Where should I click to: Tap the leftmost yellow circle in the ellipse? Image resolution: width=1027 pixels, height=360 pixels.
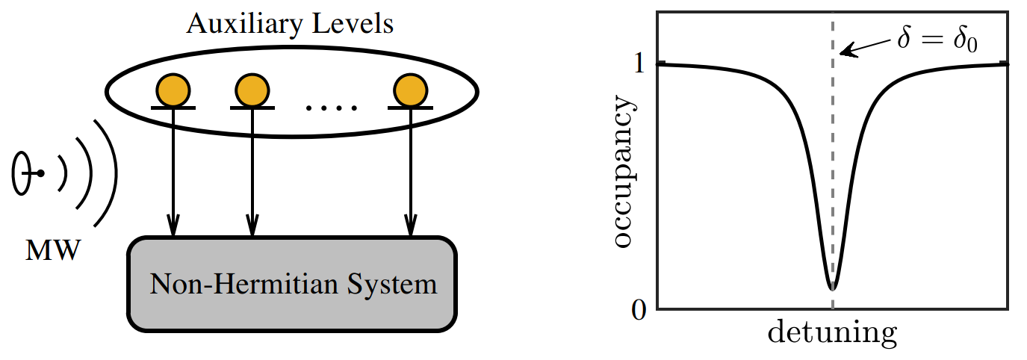click(x=173, y=90)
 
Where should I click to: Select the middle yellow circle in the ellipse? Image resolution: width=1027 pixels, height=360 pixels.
click(x=252, y=90)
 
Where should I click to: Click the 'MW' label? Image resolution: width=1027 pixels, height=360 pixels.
click(x=53, y=252)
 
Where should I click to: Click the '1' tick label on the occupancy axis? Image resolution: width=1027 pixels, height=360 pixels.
click(x=638, y=64)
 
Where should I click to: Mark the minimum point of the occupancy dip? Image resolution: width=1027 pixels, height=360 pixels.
click(x=832, y=288)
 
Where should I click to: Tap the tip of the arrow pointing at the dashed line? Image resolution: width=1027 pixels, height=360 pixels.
click(x=841, y=53)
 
